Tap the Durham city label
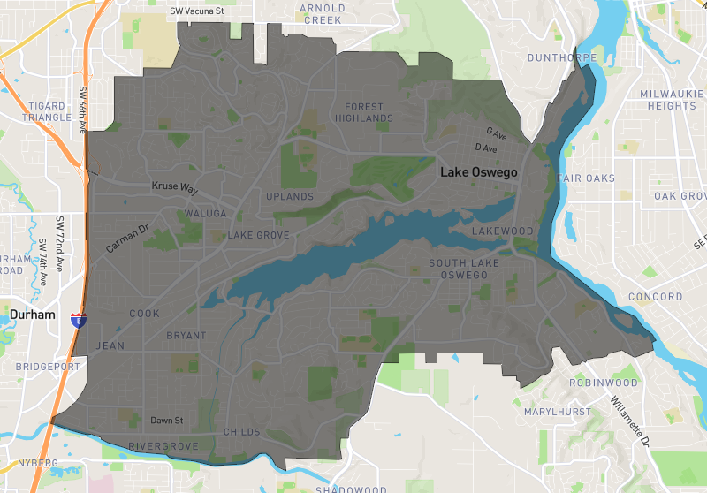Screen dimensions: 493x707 tap(33, 315)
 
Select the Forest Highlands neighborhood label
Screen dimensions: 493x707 tap(363, 112)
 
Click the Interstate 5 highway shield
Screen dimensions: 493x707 tap(79, 320)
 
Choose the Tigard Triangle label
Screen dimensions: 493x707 tap(46, 111)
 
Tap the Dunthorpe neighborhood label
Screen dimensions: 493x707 tap(561, 58)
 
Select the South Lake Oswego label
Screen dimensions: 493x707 tap(464, 269)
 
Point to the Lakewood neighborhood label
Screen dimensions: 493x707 tap(503, 231)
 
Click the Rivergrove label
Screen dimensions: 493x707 tap(163, 445)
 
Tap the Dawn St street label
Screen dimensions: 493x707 tap(166, 421)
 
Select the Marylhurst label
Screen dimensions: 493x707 tap(555, 412)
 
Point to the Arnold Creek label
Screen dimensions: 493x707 tap(323, 14)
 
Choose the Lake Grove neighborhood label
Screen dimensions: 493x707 tap(259, 236)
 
